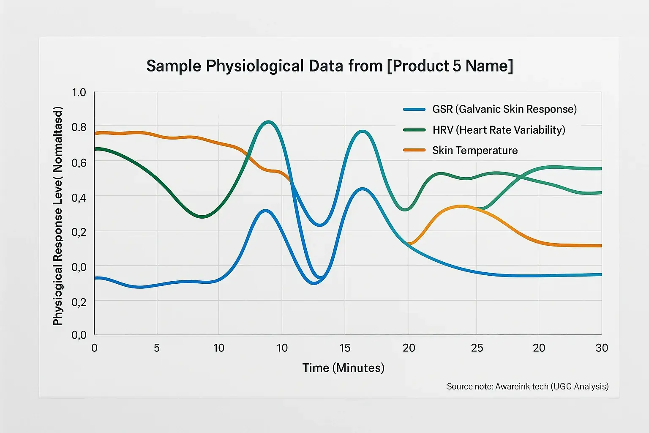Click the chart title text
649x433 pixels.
330,66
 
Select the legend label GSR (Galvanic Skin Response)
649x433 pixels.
504,109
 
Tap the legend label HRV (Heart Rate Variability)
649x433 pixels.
499,130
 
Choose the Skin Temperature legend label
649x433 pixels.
474,151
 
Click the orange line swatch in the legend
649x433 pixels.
414,150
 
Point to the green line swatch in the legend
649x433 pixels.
414,130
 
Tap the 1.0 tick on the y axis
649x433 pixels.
79,92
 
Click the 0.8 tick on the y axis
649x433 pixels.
79,127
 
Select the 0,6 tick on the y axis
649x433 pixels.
79,162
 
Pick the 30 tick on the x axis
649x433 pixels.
602,348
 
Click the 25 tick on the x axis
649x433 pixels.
477,348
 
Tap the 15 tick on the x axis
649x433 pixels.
345,348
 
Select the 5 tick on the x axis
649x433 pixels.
156,348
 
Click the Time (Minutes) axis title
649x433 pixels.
343,367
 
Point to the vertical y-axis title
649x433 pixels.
58,216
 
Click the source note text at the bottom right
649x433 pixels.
527,386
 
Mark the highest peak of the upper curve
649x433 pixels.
268,122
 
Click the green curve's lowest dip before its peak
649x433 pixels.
202,216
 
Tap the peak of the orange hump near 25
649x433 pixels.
461,206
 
